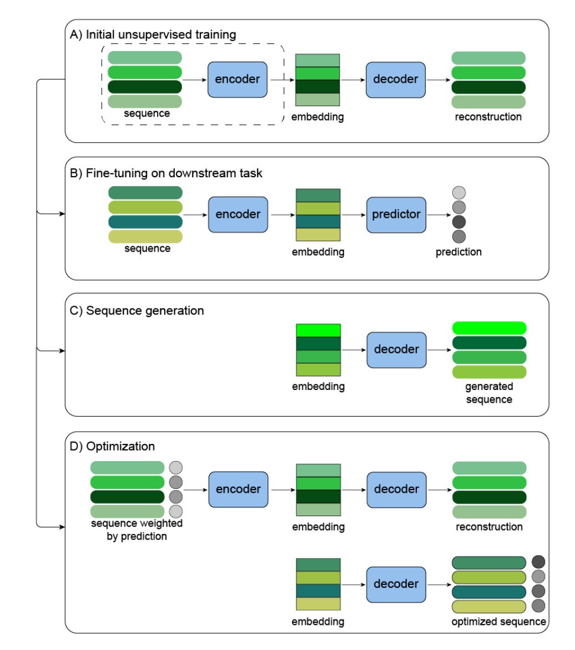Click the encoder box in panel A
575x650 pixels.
coord(238,79)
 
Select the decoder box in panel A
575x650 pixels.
coord(396,79)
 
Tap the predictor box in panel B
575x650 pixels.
coord(396,215)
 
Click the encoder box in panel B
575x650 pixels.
coord(238,215)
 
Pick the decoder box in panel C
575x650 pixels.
coord(396,350)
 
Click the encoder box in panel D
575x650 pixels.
coord(238,489)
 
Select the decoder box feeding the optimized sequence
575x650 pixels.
coord(396,584)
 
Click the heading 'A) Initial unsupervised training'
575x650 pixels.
coord(153,34)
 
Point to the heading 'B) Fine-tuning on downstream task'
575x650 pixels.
coord(166,173)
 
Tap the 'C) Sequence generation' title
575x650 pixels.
coord(137,311)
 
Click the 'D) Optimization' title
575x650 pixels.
coord(112,447)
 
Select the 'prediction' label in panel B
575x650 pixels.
coord(458,252)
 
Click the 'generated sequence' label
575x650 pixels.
coord(489,393)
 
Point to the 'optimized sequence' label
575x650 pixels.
coord(499,622)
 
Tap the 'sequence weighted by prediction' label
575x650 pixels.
coord(137,530)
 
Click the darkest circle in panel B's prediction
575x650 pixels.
coord(458,222)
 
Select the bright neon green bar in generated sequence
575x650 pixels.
coord(489,328)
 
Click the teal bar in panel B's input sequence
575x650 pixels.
coord(145,222)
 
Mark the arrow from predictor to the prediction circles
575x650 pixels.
coord(438,215)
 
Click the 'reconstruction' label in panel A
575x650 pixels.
coord(488,117)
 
